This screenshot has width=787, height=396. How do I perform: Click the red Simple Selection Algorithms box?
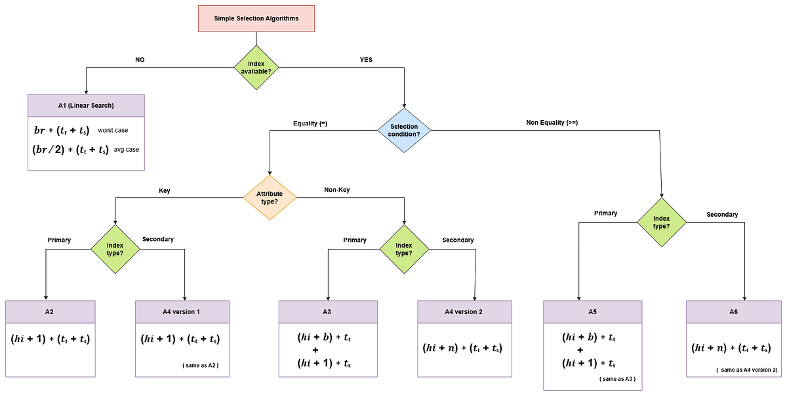click(256, 18)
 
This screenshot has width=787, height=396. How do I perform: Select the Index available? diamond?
click(256, 66)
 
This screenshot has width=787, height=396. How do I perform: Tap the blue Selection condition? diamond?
click(405, 130)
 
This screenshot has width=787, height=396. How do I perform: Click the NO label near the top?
click(140, 60)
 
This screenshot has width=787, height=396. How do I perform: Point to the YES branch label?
click(366, 60)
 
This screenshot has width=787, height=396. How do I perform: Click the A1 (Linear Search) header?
click(86, 106)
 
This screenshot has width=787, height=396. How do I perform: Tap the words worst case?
click(113, 130)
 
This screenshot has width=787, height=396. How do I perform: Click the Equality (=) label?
click(310, 122)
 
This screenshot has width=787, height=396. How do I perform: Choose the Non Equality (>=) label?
click(552, 122)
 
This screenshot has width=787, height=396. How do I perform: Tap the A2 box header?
click(50, 311)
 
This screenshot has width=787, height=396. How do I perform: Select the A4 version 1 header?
click(182, 311)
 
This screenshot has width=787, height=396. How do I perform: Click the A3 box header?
click(329, 311)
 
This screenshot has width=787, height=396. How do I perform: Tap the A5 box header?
click(592, 311)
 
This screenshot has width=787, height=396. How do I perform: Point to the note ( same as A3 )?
click(617, 380)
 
